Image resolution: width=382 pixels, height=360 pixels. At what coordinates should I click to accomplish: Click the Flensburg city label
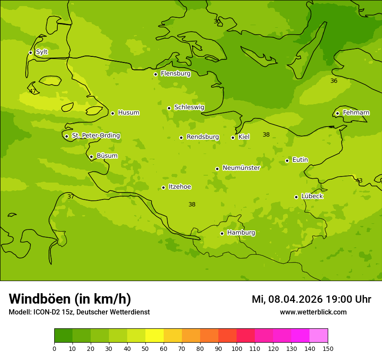click(175, 74)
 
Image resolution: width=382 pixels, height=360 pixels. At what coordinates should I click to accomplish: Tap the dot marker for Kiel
click(233, 137)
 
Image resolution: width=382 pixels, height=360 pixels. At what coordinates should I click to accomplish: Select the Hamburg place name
click(241, 233)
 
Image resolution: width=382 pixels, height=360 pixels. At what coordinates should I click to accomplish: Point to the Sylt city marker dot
click(30, 52)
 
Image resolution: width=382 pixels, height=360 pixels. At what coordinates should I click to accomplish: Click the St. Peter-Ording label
click(95, 136)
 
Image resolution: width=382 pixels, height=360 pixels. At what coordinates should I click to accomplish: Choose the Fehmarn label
click(356, 113)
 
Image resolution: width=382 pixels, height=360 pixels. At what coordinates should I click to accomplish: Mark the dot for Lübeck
click(296, 197)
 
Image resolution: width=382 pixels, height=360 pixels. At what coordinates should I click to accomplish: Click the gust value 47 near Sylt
click(33, 91)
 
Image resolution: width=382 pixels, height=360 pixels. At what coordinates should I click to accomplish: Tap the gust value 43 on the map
click(359, 180)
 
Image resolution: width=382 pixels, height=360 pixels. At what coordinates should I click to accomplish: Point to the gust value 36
click(334, 81)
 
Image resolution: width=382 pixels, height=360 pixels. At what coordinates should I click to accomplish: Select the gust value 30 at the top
click(217, 21)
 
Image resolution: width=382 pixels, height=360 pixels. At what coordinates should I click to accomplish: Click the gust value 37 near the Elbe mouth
click(71, 196)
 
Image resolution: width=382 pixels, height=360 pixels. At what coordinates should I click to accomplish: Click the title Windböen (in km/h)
click(70, 299)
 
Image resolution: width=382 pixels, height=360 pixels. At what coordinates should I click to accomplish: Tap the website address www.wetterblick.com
click(313, 312)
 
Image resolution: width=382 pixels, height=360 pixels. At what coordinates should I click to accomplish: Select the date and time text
click(311, 299)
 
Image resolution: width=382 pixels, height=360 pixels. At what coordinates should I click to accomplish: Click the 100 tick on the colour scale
click(237, 348)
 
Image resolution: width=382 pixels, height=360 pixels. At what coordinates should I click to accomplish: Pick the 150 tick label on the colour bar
click(328, 348)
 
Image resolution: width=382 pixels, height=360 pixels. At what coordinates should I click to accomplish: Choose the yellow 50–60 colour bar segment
click(155, 336)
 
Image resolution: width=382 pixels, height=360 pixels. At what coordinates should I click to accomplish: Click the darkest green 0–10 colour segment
click(63, 336)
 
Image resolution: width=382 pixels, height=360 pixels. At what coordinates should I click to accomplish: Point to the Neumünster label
click(241, 168)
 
